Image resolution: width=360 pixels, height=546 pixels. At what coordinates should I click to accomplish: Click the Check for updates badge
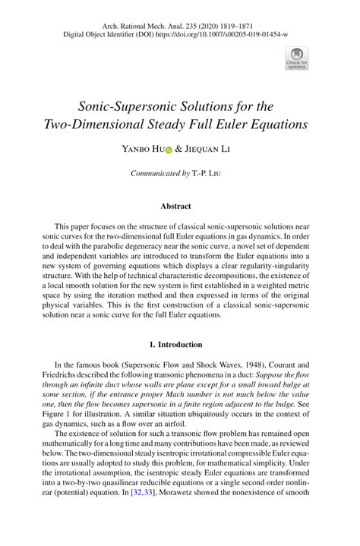(295, 58)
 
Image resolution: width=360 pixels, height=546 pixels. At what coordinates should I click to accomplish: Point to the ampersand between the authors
(178, 150)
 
